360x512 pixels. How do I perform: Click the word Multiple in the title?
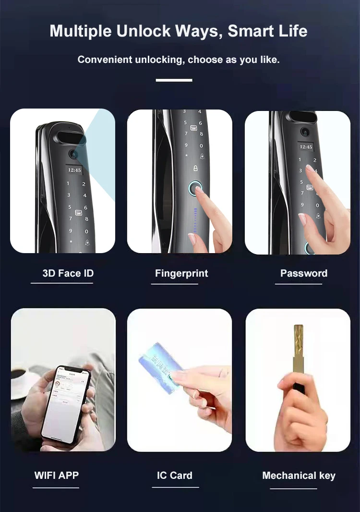[x=80, y=31]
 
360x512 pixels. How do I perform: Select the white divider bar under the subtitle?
[x=174, y=80]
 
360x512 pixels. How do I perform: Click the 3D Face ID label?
[x=68, y=273]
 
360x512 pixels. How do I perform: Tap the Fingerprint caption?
[x=181, y=273]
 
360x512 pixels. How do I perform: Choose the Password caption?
[x=303, y=273]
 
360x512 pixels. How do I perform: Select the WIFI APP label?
[x=56, y=475]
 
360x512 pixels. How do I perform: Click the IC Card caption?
[x=174, y=475]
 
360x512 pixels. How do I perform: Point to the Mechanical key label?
[x=299, y=475]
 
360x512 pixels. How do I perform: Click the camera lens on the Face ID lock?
[x=73, y=154]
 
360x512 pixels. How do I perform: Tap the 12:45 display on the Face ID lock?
[x=74, y=170]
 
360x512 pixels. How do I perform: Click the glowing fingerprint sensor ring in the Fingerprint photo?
[x=195, y=188]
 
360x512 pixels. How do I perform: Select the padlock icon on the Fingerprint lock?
[x=195, y=168]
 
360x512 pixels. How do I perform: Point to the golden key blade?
[x=299, y=346]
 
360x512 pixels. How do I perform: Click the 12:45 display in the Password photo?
[x=306, y=146]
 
